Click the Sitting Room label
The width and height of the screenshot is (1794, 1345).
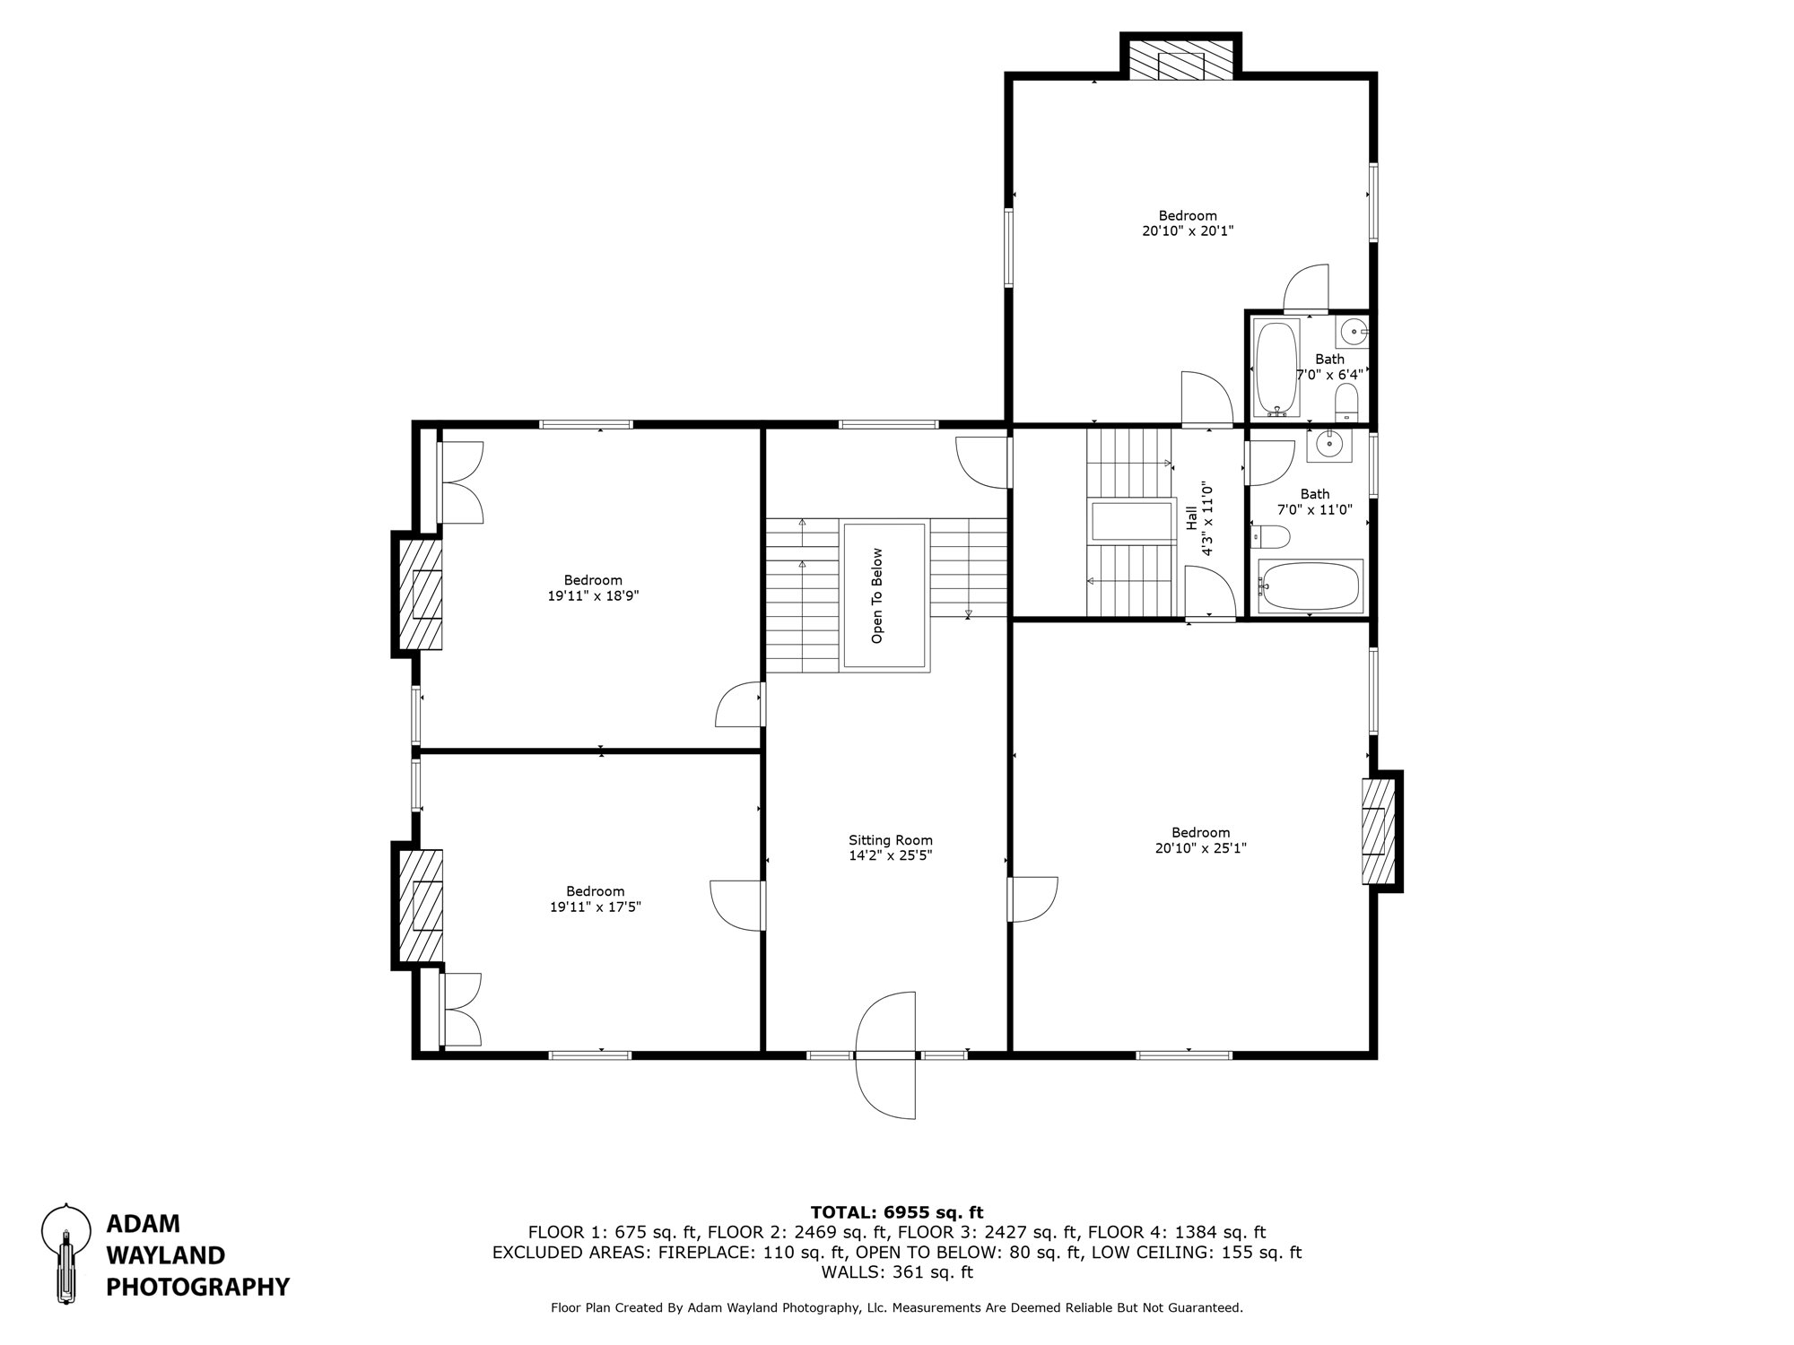[891, 840]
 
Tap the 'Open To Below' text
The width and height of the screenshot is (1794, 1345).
[877, 596]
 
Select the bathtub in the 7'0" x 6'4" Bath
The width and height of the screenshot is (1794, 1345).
[1276, 368]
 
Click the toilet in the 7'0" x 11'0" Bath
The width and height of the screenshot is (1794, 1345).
[1271, 537]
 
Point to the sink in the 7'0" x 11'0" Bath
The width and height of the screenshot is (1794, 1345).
[1328, 444]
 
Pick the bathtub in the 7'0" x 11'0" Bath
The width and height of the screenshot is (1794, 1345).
[1311, 586]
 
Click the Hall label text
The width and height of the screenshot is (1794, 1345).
[1191, 517]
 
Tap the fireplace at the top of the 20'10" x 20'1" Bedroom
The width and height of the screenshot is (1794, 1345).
[1180, 64]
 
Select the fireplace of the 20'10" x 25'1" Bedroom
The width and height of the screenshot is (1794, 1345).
[1379, 830]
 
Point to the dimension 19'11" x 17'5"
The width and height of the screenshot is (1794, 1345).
[595, 907]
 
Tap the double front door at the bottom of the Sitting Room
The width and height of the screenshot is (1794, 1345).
[886, 1055]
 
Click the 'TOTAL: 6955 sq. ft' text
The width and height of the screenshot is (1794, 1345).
[897, 1212]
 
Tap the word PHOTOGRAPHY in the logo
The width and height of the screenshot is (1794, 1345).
[197, 1288]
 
